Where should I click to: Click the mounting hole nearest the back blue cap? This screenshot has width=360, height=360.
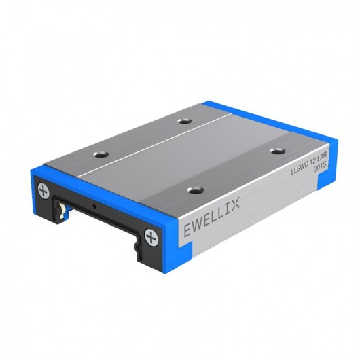pos(183,121)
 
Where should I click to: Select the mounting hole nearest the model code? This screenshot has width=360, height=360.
pos(276,150)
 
